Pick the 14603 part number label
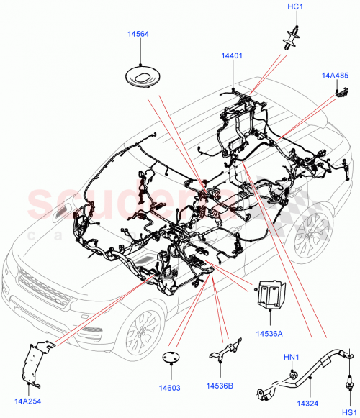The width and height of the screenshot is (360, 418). [x=171, y=388]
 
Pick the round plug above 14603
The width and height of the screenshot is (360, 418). [x=171, y=358]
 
